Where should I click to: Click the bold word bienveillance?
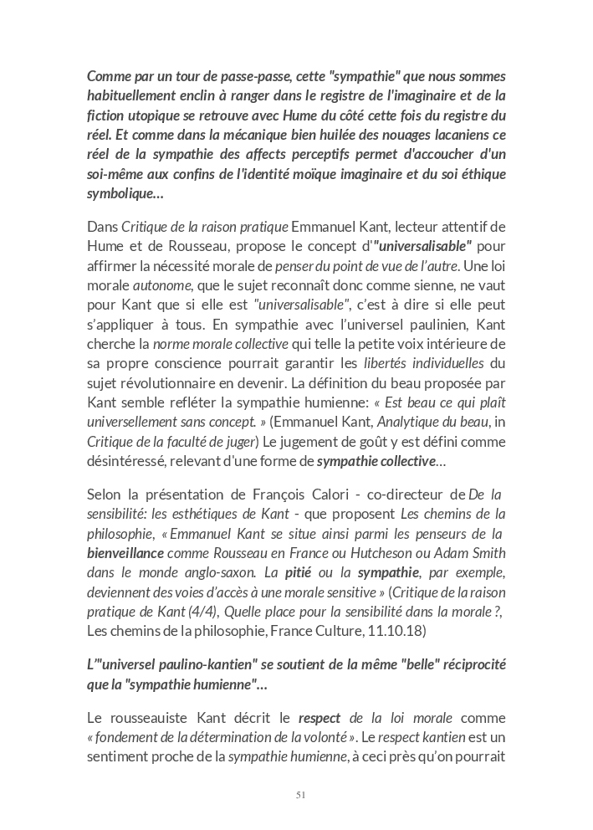click(x=125, y=553)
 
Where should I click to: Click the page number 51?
click(x=300, y=795)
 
